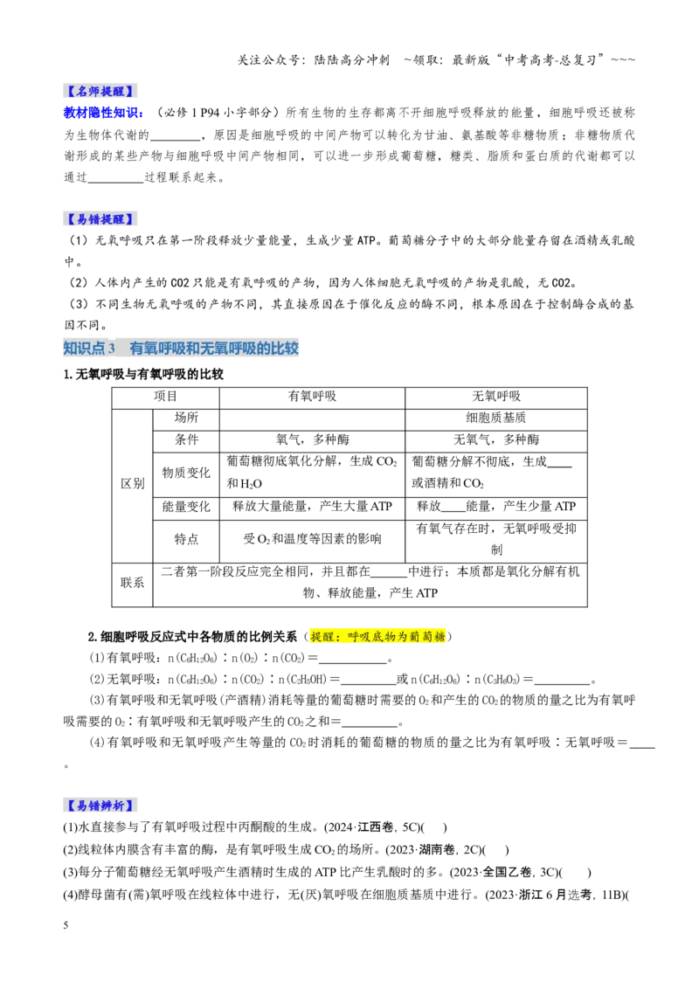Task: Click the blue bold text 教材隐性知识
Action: coord(103,113)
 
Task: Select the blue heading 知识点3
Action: coord(89,349)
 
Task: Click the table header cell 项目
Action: coord(166,397)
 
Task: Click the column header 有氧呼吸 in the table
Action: coord(312,397)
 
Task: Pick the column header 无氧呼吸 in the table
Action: coord(496,397)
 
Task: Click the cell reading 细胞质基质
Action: coord(496,418)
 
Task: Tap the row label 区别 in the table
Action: coord(133,484)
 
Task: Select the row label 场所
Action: coord(186,418)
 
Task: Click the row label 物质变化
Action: coord(186,473)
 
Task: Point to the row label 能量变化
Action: coord(186,507)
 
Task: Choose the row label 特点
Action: coord(186,539)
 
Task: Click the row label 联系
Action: coord(133,583)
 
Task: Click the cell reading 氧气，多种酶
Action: coord(312,439)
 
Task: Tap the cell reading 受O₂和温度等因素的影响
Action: coord(312,539)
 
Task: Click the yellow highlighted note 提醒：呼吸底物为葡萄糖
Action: coord(377,636)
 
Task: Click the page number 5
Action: coord(66,925)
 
